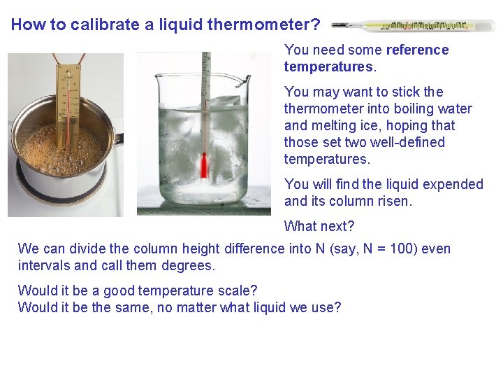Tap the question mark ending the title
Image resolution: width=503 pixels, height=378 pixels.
316,25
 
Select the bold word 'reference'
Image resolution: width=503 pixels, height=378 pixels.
417,50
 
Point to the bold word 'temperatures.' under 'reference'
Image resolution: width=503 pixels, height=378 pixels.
330,66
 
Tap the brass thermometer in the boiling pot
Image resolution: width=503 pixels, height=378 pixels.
68,105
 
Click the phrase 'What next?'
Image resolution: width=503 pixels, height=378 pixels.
319,226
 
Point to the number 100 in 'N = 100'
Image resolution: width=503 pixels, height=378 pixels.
404,248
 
